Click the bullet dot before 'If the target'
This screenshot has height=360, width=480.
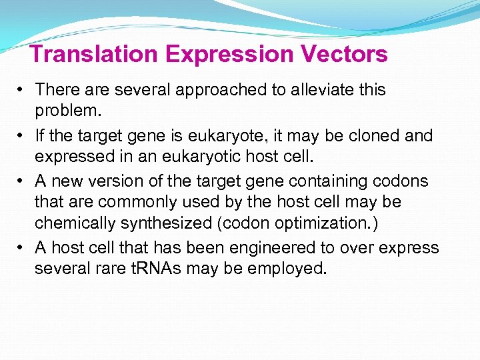pyautogui.click(x=22, y=136)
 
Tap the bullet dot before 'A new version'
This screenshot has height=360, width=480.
pyautogui.click(x=22, y=181)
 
